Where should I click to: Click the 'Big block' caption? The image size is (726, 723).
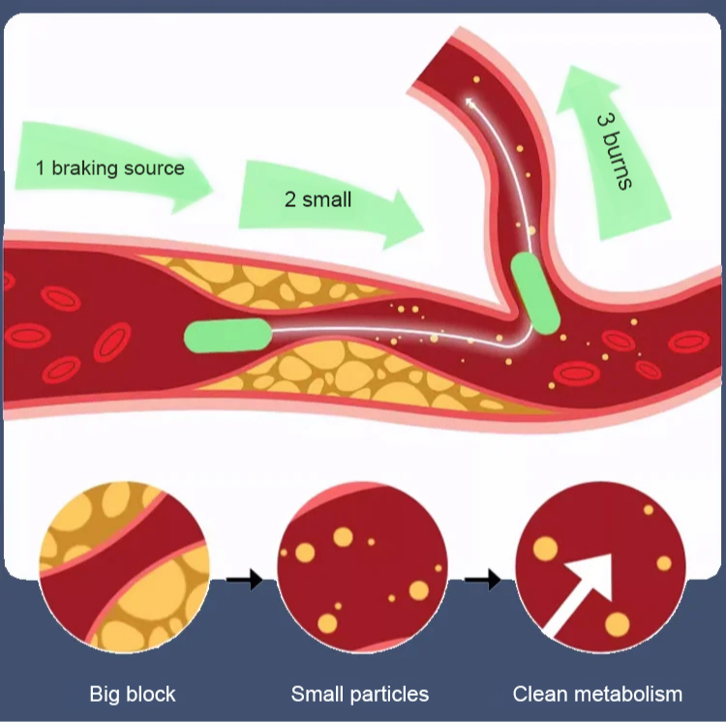point(133,694)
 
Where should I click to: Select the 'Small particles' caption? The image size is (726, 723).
point(359,694)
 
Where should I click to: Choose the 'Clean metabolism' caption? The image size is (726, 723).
point(597,694)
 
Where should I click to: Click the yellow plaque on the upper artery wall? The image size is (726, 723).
point(261,280)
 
